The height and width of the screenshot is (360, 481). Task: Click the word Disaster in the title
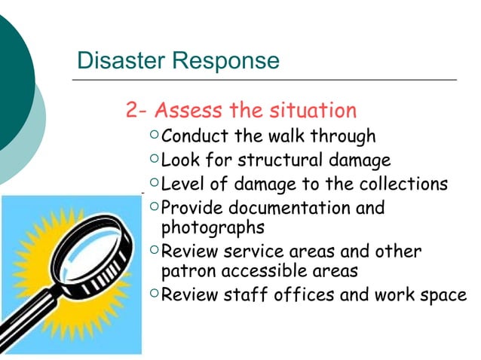115,59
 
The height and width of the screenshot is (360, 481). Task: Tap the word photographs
214,226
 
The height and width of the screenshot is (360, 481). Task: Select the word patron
186,270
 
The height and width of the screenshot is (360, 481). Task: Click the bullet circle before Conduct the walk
154,136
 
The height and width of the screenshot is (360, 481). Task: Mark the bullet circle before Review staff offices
154,293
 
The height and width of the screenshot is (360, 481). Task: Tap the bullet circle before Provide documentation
154,206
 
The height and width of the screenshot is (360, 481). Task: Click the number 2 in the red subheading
133,111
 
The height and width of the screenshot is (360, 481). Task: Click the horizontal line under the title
264,79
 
